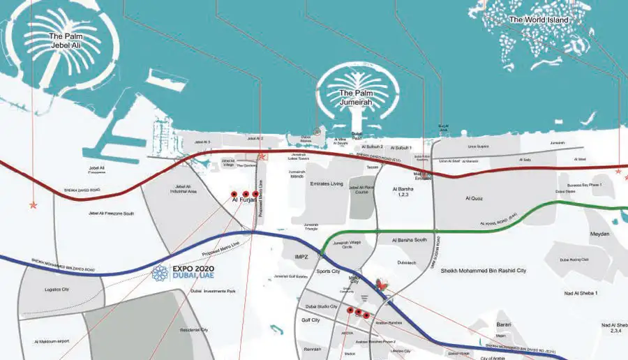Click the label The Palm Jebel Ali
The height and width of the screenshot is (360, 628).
(66, 40)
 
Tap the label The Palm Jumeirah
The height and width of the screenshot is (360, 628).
(352, 98)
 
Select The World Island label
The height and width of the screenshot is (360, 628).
(539, 20)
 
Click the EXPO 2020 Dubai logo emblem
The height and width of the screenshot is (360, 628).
(161, 273)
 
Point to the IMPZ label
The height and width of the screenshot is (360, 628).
(301, 257)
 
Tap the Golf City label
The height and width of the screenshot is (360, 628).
(310, 320)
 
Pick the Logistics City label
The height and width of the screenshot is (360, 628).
(57, 289)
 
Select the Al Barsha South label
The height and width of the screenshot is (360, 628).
(410, 239)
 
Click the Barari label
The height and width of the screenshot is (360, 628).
(504, 324)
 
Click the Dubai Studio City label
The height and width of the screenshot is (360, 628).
(321, 307)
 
